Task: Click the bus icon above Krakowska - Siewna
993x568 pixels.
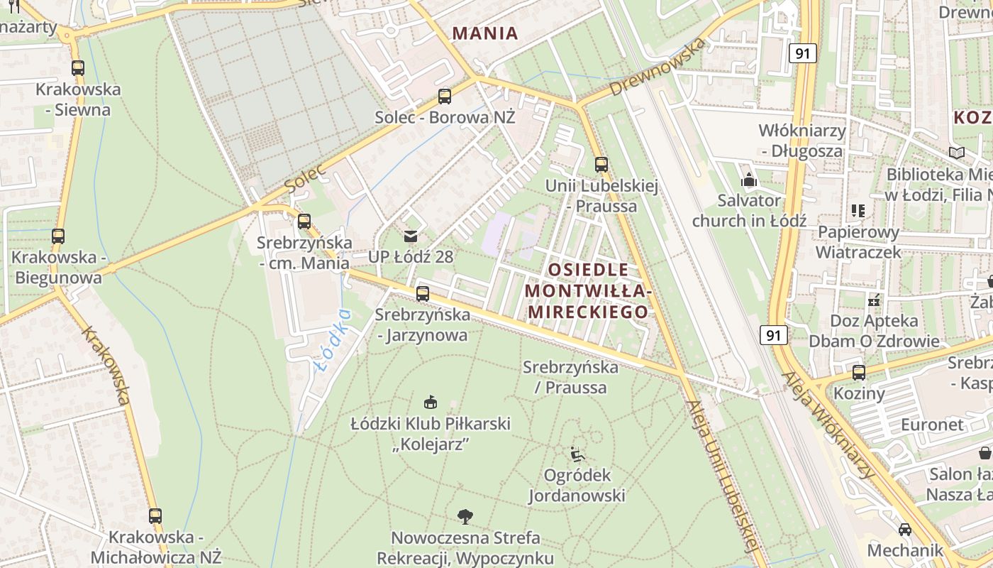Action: tap(78, 68)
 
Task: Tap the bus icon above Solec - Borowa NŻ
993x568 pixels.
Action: tap(445, 96)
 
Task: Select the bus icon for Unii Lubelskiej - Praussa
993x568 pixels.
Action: tap(601, 165)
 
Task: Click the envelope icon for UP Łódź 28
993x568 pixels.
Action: tap(411, 236)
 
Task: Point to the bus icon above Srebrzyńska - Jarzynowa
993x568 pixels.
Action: tap(423, 293)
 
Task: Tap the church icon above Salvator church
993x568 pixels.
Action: tap(749, 180)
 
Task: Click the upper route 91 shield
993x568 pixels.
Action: tap(802, 53)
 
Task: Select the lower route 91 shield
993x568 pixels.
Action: tap(774, 334)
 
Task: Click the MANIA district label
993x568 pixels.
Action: tap(485, 33)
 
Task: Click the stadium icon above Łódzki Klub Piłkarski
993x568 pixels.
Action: tap(431, 403)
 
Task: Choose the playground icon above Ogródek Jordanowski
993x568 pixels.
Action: tap(577, 453)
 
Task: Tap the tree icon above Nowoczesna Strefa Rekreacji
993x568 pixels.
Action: tap(465, 516)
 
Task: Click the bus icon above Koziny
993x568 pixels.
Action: tap(859, 372)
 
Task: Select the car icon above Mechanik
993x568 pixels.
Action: tap(905, 529)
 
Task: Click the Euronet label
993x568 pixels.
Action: tap(932, 425)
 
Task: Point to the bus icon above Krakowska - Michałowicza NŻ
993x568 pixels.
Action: tap(155, 516)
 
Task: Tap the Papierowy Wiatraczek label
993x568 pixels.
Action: tap(858, 242)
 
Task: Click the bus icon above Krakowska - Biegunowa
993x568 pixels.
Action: tap(58, 236)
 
